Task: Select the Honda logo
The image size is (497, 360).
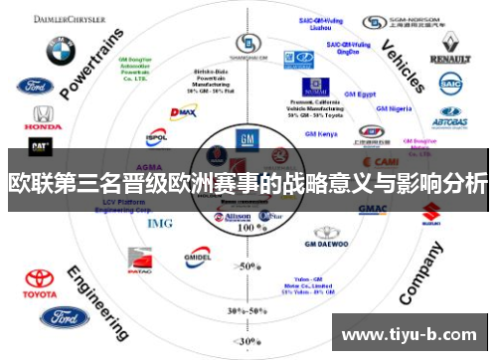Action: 42,118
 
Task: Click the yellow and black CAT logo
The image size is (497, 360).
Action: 41,147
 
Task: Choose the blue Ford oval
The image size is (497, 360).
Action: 65,318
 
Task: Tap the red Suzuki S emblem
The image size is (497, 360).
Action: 431,211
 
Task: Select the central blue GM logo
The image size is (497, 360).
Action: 245,140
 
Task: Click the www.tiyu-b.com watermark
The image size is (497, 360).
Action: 409,333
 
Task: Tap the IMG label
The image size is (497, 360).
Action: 159,223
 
